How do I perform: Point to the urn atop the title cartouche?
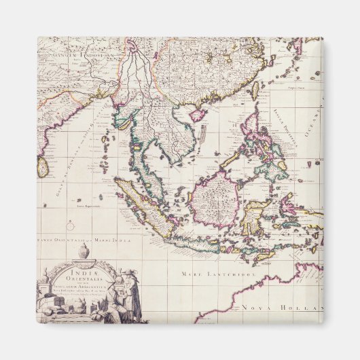pyautogui.click(x=84, y=251)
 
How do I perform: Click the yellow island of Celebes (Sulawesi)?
pyautogui.click(x=257, y=214)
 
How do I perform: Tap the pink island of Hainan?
pyautogui.click(x=198, y=114)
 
